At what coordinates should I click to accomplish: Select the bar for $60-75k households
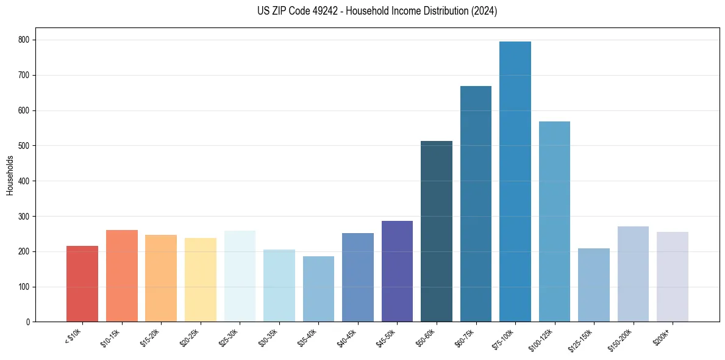pyautogui.click(x=476, y=204)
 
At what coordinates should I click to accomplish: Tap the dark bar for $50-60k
pyautogui.click(x=437, y=231)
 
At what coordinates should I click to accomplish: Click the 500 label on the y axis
pyautogui.click(x=27, y=146)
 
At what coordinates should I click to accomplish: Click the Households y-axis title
pyautogui.click(x=10, y=175)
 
